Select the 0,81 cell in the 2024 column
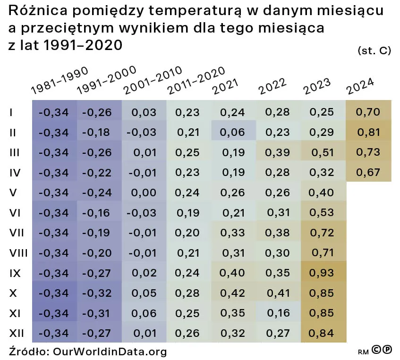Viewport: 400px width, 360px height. point(369,133)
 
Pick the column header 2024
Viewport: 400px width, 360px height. point(360,84)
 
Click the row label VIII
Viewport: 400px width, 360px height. point(18,253)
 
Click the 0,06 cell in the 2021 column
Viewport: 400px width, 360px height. point(233,133)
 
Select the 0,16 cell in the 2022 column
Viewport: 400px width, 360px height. point(278,313)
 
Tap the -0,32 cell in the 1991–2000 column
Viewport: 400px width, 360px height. point(97,293)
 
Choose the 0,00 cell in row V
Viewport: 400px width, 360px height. point(144,193)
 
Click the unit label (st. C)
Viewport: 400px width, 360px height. point(374,50)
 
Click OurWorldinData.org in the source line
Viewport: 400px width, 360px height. point(110,352)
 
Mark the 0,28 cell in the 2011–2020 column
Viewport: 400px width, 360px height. point(188,293)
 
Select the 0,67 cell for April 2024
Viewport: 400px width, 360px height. point(369,173)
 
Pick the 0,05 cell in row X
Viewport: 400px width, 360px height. point(144,293)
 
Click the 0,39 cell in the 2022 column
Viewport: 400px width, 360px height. point(278,152)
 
